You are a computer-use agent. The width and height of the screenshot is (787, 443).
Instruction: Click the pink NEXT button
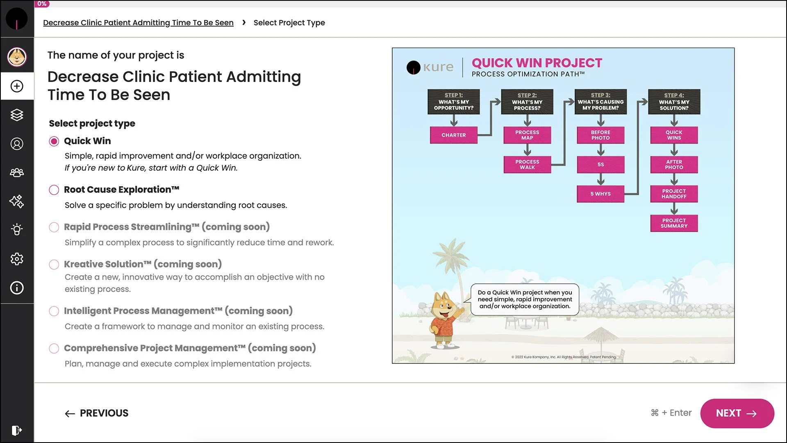[737, 413]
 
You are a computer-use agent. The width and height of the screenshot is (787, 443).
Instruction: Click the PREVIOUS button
[97, 413]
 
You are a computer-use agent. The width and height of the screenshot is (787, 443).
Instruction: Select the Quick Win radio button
[54, 141]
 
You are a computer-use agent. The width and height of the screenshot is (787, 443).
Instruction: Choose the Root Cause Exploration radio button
[54, 190]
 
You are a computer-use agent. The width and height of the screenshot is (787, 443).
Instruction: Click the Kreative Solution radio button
[54, 265]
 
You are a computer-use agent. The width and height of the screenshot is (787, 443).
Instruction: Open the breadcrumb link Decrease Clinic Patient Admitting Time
[138, 23]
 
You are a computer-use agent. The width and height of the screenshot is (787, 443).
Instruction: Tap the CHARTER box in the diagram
[453, 135]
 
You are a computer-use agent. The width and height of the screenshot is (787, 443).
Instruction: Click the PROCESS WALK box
[527, 164]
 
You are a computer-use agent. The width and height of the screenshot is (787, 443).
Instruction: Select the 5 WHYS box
[600, 194]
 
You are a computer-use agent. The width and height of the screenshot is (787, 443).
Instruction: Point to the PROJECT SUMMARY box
[674, 223]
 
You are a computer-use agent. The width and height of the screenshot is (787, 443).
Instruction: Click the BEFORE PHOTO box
[600, 135]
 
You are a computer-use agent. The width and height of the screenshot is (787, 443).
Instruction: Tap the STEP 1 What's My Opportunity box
[453, 102]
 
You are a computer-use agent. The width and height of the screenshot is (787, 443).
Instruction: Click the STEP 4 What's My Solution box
[674, 102]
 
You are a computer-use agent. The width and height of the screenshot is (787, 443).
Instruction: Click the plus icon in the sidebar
[17, 86]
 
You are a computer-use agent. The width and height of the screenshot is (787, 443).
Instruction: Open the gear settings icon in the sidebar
[17, 259]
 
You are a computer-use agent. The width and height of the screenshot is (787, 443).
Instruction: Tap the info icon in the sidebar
[17, 288]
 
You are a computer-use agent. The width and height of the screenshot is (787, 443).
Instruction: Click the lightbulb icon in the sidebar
[17, 230]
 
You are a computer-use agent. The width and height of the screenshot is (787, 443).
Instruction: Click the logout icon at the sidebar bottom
[17, 430]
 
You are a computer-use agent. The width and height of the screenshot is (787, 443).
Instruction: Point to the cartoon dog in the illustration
[445, 320]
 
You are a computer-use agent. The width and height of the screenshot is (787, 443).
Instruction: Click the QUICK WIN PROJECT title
[537, 63]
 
